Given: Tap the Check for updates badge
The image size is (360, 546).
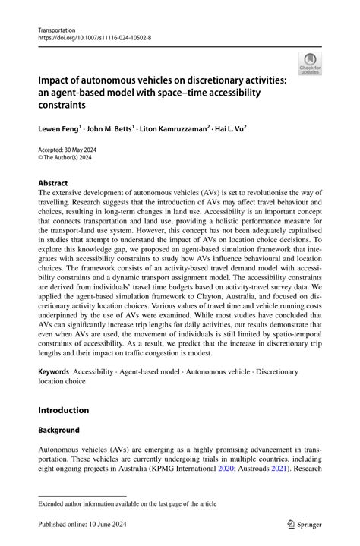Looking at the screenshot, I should point(310,64).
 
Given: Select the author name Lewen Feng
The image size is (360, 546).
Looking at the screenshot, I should point(63,131).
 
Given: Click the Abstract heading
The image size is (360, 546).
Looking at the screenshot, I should point(53,183).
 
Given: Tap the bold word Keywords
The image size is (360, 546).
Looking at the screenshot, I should point(54,372).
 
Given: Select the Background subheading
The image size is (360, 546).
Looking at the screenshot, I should point(58,430).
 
